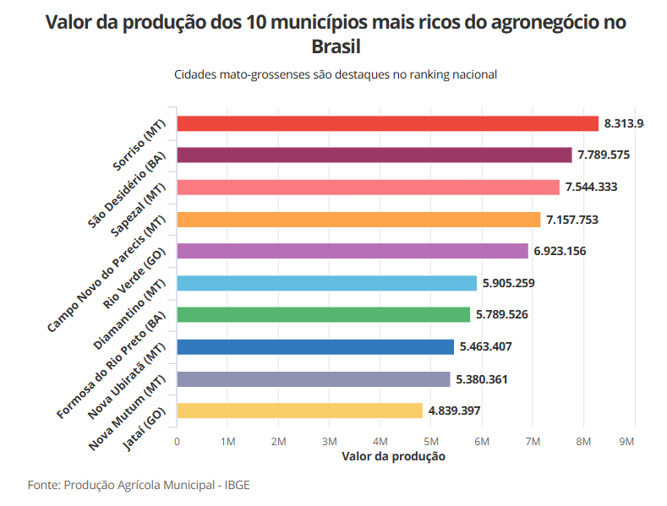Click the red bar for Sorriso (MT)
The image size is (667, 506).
coord(387,123)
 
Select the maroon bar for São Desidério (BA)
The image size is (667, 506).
coord(375,155)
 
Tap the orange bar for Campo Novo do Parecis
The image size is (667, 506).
coord(358,220)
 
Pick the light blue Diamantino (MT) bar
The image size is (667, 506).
coord(326,283)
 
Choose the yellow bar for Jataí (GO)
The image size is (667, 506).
coord(299,411)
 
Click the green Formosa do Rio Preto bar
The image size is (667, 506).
coord(323,314)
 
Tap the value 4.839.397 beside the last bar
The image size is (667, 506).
coord(455,411)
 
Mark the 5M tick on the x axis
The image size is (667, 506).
coord(431,441)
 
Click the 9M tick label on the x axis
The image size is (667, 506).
coord(626,441)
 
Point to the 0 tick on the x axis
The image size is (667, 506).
coord(177,441)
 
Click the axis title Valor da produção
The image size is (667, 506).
coord(393,456)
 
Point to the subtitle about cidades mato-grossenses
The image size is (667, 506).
coord(336,74)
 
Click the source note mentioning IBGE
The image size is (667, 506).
coord(139,485)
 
